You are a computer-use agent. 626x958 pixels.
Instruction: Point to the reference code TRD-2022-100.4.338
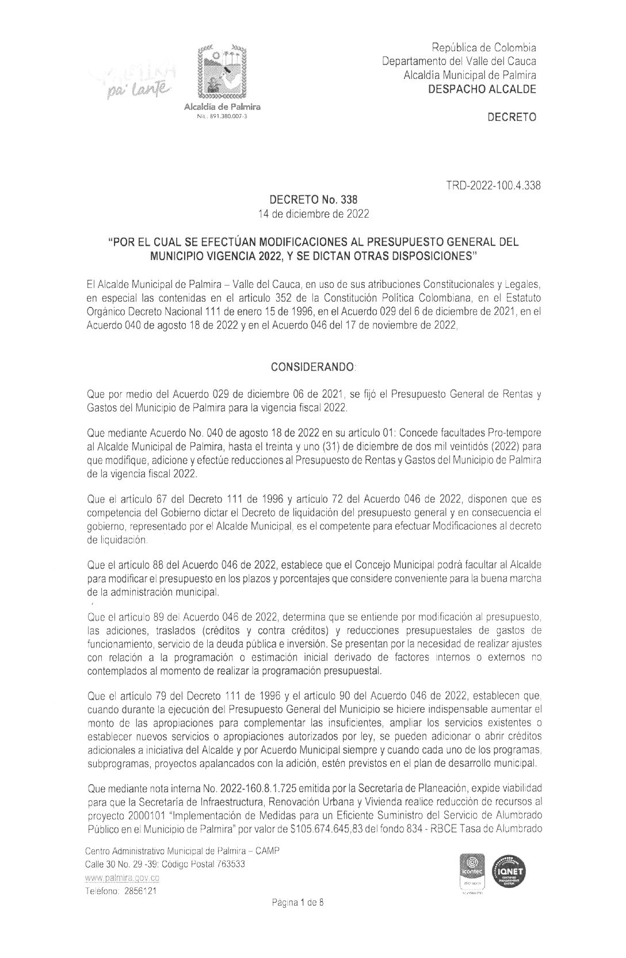(493, 186)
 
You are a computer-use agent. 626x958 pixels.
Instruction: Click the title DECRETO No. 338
(314, 200)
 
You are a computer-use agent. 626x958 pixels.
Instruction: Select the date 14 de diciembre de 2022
(314, 214)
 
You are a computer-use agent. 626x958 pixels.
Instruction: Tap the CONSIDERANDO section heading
(314, 366)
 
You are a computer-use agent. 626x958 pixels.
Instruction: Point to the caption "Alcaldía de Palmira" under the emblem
(222, 108)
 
